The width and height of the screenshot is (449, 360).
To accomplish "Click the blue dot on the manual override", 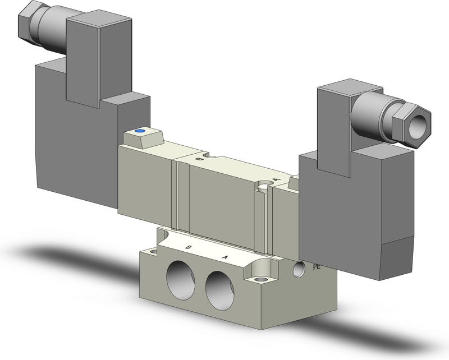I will coord(140,132).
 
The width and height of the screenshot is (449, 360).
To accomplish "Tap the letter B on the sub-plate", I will coord(189,247).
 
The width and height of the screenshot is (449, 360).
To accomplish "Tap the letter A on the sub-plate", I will coord(226,257).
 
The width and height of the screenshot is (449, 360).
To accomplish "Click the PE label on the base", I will coord(317,267).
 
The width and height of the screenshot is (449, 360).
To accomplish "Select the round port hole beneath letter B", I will coord(181,276).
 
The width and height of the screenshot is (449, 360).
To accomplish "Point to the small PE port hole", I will coord(299,269).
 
